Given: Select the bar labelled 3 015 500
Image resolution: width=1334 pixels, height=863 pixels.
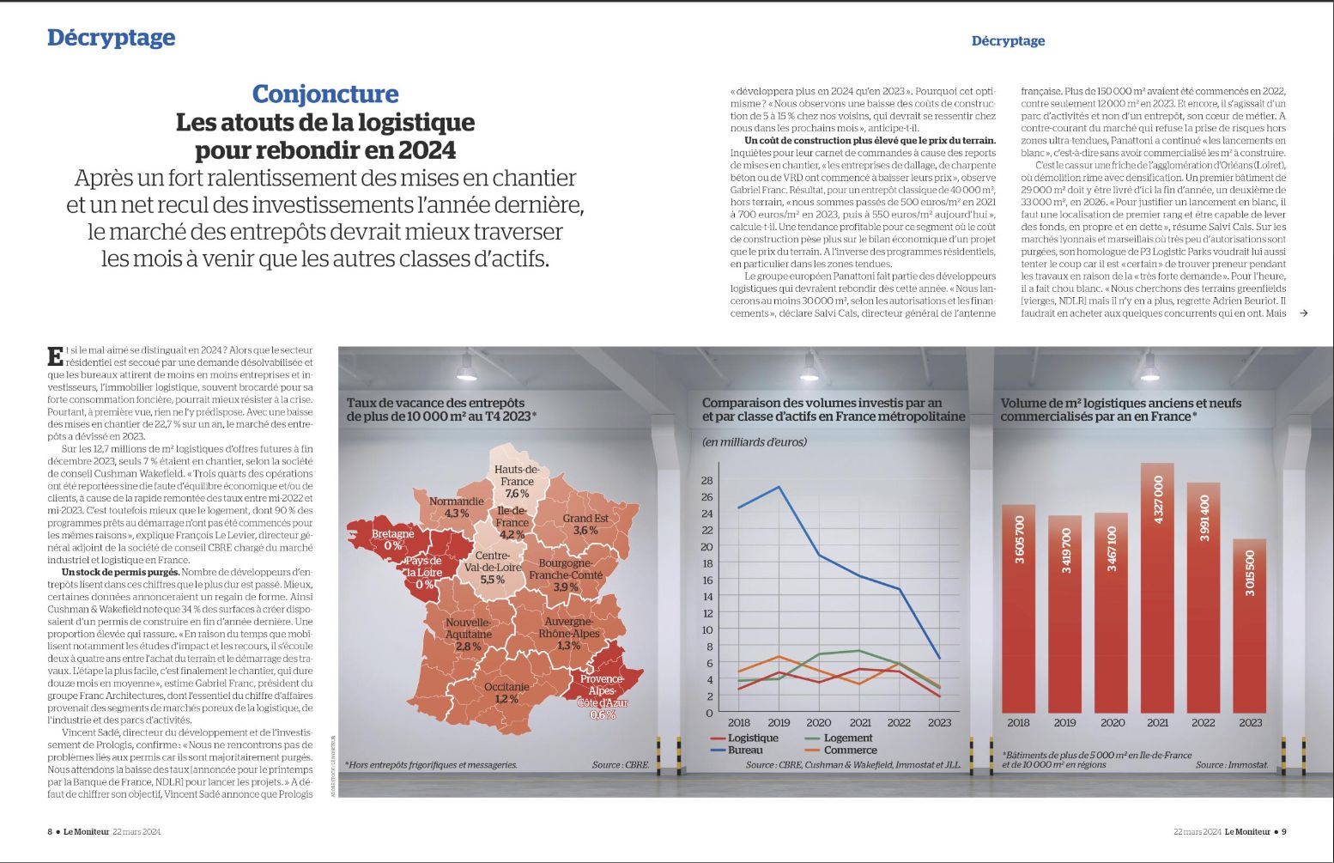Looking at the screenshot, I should click(x=1250, y=626).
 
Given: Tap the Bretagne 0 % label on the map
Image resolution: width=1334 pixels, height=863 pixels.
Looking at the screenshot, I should click(x=392, y=539).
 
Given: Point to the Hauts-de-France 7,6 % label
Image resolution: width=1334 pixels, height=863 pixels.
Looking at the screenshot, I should click(x=517, y=482).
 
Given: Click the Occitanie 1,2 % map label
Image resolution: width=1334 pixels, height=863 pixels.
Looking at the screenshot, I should click(x=506, y=693).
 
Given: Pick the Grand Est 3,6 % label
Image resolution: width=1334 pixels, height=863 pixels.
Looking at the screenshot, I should click(x=585, y=524).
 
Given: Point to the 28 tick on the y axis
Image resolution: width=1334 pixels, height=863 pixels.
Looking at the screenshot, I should click(x=706, y=480).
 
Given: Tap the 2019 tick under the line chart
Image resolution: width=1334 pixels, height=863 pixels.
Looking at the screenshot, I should click(x=779, y=723).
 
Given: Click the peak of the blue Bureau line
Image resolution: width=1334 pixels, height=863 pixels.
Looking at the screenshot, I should click(x=779, y=487).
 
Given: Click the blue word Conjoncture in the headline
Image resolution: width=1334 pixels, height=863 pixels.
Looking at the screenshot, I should click(x=325, y=94).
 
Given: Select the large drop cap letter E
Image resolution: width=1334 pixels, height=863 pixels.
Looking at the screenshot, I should click(x=55, y=356).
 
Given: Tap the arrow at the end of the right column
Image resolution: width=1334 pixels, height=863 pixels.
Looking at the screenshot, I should click(x=1304, y=313).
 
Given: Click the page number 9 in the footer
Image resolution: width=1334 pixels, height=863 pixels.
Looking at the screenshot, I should click(x=1283, y=831).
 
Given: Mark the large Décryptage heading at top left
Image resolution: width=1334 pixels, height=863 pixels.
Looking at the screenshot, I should click(x=111, y=38).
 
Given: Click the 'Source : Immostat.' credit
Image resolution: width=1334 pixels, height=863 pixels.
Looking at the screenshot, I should click(x=1231, y=764).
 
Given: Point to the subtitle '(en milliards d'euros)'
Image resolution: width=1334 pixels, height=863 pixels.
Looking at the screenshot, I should click(x=755, y=442).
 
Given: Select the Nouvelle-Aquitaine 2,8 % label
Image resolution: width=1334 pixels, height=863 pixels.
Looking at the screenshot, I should click(x=468, y=635).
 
